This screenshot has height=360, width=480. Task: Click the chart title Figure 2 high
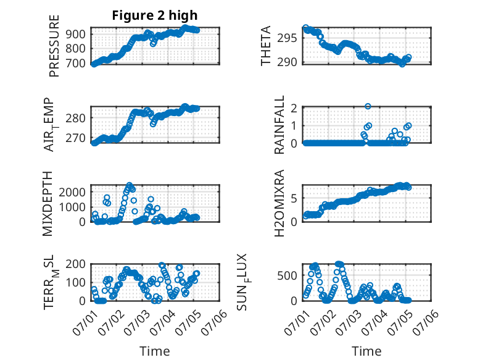155,15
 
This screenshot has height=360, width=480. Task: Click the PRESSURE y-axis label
54,46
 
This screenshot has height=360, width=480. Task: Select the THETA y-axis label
266,46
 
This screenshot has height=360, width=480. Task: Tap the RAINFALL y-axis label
279,125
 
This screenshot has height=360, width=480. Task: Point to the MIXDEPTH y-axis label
48,204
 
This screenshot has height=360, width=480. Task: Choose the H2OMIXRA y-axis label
279,203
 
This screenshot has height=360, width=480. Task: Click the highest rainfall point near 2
368,106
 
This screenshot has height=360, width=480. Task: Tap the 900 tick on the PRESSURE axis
76,34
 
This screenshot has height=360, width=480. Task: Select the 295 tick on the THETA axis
287,38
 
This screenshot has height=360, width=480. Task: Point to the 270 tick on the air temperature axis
76,138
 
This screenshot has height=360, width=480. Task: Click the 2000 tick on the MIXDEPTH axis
72,193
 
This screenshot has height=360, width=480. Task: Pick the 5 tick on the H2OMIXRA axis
294,199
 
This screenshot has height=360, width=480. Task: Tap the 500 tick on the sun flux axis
287,276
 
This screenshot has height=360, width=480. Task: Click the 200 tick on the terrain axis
76,264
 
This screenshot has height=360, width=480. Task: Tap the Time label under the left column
155,351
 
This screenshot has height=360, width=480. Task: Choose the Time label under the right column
366,351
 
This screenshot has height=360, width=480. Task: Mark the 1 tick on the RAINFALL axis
294,125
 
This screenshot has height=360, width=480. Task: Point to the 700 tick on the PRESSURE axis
76,64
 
